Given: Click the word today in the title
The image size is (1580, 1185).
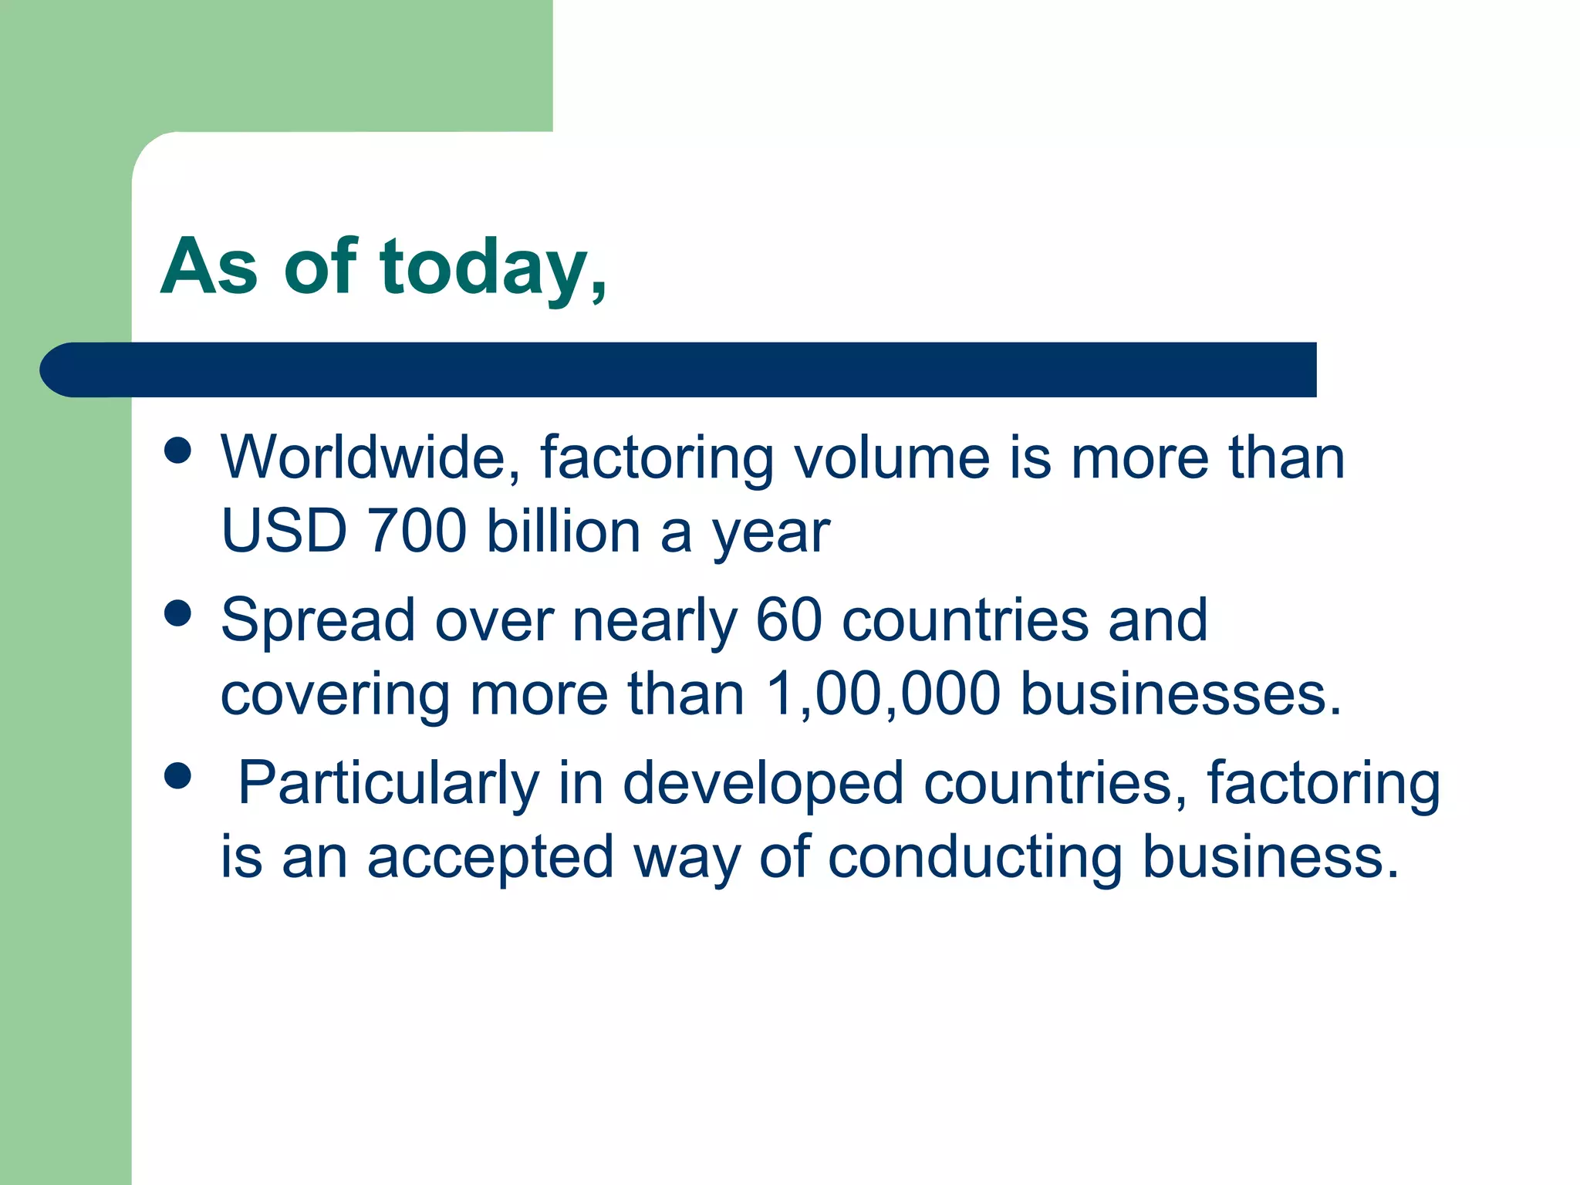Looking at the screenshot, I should point(484,267).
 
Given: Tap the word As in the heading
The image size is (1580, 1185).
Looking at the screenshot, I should point(209,267).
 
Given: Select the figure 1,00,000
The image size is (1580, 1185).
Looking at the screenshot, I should point(883,694).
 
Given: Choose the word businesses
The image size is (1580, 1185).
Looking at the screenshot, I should point(1180,694).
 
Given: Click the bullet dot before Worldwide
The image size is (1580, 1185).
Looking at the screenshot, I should point(178,451).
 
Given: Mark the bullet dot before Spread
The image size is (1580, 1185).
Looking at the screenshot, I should point(178,614).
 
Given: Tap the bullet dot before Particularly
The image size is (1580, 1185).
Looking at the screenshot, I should point(178,776).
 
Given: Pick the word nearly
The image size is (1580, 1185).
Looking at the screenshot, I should point(654,621).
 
